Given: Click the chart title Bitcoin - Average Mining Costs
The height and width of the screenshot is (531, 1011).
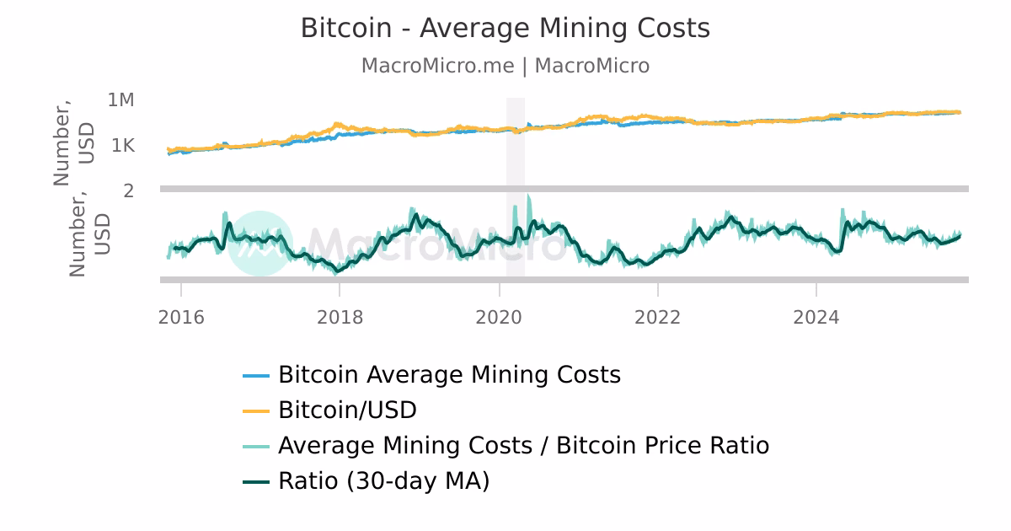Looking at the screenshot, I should (x=505, y=29).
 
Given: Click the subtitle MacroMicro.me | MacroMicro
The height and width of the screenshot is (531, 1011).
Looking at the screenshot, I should (x=505, y=66).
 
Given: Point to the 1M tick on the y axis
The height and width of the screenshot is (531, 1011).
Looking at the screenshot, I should (x=121, y=100).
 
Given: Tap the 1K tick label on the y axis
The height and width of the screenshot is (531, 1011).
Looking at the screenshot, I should (x=123, y=146).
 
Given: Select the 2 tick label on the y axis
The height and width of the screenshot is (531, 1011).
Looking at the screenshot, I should (x=129, y=190).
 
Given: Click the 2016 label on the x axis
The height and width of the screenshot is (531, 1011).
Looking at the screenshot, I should (x=181, y=318).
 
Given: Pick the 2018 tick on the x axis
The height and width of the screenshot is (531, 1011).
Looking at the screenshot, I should (x=340, y=318).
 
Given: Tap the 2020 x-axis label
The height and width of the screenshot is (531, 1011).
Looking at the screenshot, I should (x=499, y=318).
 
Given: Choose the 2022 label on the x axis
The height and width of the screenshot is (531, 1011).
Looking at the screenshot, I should (x=657, y=318).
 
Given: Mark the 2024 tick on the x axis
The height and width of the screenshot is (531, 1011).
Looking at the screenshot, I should (x=816, y=318).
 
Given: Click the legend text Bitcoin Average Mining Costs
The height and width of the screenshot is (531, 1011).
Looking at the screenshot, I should (x=449, y=374).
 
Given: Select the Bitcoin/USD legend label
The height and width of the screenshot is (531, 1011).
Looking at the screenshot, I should (x=347, y=410).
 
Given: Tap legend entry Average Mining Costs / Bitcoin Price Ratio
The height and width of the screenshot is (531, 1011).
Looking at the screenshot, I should (x=523, y=446).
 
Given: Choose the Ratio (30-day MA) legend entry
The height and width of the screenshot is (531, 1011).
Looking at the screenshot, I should (x=383, y=481).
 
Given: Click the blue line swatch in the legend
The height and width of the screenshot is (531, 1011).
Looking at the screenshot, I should (x=256, y=375).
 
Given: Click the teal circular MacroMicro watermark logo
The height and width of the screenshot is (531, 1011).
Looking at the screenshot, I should (x=260, y=244).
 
